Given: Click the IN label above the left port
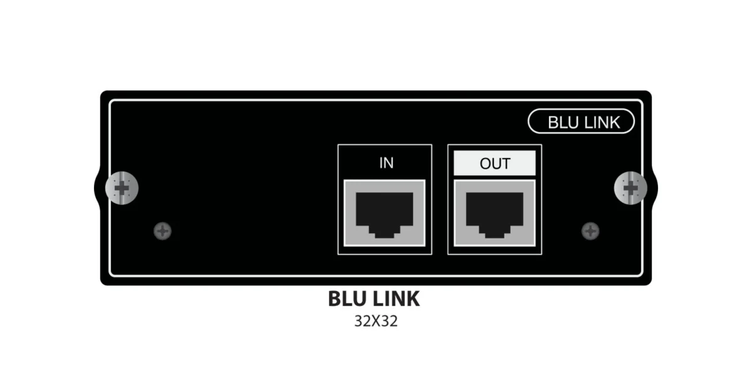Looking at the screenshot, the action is pos(386,163).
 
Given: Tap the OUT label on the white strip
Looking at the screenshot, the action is pos(495,164).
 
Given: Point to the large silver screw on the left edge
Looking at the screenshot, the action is pos(122,188).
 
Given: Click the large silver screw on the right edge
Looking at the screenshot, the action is pos(630,188).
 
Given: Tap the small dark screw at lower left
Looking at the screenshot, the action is pos(162,231).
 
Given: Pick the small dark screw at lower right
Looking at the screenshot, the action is pos(590,231).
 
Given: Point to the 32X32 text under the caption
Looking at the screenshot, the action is pos(376,321).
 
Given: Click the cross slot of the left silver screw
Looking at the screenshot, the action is pos(122,188).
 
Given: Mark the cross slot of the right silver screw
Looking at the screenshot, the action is pos(630,188).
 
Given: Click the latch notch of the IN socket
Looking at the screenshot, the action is pos(384,232).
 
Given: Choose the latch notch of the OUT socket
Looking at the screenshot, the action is pos(494,232).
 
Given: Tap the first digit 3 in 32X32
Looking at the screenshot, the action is pos(359,321).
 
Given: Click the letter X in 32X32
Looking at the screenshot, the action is pos(376,321).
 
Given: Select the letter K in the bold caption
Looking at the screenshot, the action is pos(413,299).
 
